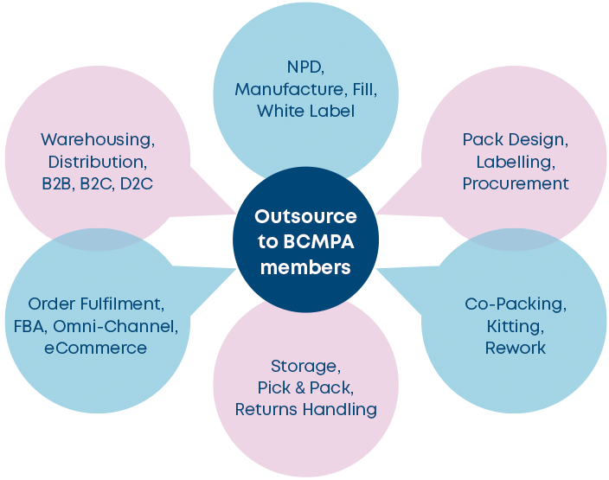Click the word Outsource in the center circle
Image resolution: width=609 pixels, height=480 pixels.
tap(305, 216)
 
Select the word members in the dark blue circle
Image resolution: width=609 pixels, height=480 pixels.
tap(305, 267)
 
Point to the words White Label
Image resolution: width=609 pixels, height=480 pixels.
tap(305, 112)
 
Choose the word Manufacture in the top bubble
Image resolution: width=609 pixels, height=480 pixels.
tap(278, 90)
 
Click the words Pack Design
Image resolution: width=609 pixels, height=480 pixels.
tap(515, 139)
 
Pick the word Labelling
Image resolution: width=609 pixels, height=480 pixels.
tap(515, 162)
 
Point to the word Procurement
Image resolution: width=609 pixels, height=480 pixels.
tap(516, 183)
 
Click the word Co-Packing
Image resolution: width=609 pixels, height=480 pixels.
tap(515, 304)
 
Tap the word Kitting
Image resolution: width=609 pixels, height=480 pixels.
tap(515, 326)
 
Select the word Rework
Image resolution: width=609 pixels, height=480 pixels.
tap(515, 348)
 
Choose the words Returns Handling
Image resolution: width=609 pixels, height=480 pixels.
tap(305, 410)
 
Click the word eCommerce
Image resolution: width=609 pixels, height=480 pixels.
tap(96, 349)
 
